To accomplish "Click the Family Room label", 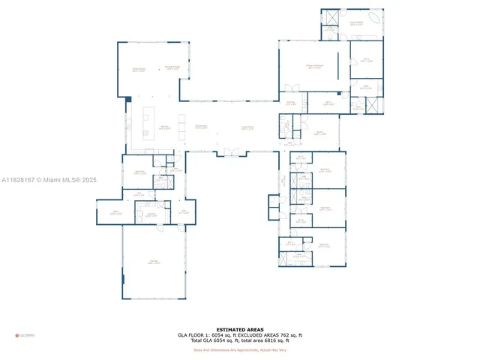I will tap(139, 70).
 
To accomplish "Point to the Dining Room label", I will tap(201, 127).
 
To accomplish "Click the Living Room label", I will tap(246, 127).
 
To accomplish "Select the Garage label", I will tap(152, 262).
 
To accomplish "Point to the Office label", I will tap(116, 212).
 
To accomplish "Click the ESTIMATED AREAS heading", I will tap(239, 329).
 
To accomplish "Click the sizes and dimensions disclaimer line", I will tap(239, 349).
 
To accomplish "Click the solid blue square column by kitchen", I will tap(128, 98).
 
